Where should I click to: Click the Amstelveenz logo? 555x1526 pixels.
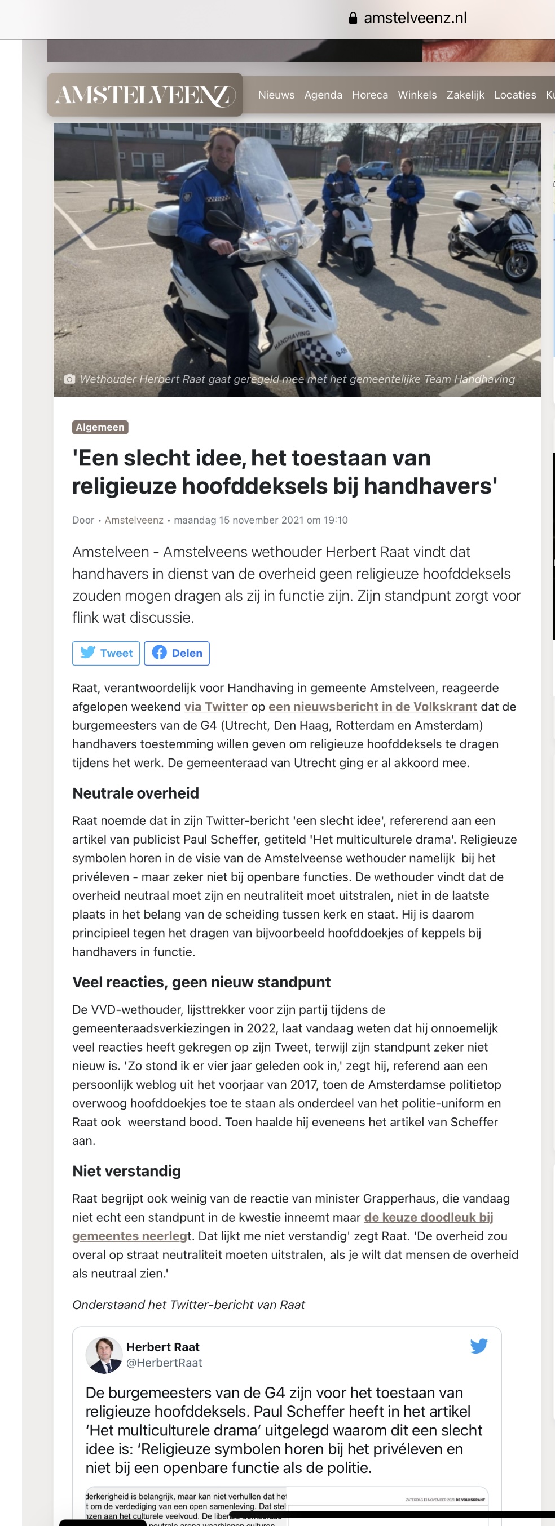[145, 95]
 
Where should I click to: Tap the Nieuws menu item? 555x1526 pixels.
[276, 95]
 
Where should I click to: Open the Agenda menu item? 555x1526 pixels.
[323, 95]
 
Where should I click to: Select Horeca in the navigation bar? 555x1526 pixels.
[370, 95]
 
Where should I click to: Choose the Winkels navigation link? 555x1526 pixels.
[417, 95]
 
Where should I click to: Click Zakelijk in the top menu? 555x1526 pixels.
[465, 95]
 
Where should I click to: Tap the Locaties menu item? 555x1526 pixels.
[515, 95]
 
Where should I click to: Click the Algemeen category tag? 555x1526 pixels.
[100, 427]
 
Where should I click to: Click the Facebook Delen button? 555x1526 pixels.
[177, 653]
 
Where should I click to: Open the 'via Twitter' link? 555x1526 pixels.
[216, 706]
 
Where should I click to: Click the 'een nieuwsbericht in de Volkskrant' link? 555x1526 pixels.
[372, 706]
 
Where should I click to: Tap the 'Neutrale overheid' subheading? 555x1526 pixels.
[136, 793]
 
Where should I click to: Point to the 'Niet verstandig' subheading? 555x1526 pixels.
[127, 1170]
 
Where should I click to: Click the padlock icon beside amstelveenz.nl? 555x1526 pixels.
[353, 19]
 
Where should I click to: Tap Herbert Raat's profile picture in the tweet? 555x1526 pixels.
[104, 1354]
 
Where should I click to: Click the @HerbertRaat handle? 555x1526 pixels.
[164, 1363]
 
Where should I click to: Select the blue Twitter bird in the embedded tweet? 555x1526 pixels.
[478, 1346]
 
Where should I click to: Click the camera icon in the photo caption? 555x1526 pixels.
[69, 379]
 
